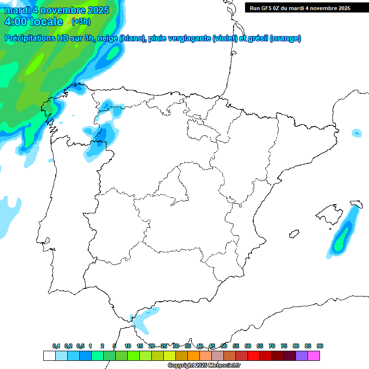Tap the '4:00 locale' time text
(x=33, y=22)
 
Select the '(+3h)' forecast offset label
(x=80, y=22)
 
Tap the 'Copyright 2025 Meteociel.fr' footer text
(x=204, y=366)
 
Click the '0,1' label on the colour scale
(x=56, y=346)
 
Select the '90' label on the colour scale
(x=320, y=346)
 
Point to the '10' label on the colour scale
(x=128, y=346)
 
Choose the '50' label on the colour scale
(x=224, y=346)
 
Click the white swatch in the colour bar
(x=49, y=356)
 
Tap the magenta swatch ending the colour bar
(x=314, y=356)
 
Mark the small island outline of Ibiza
(x=294, y=234)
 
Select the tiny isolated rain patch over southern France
(x=356, y=133)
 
